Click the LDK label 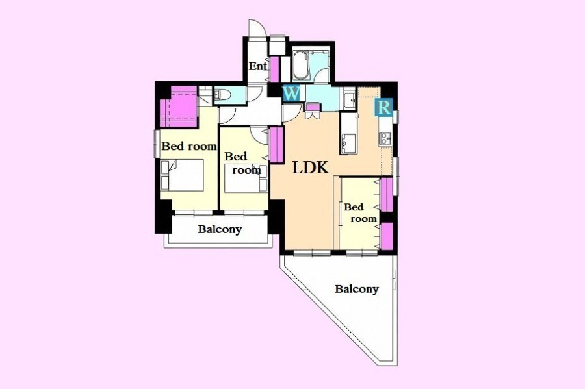point(310,168)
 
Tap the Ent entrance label point(258,66)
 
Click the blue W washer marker point(291,93)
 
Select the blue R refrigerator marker point(384,107)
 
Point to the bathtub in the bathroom point(300,66)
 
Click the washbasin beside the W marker point(349,99)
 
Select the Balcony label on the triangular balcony point(357,289)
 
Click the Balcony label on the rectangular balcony point(220,229)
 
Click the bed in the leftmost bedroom point(182,175)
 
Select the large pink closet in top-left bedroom point(179,107)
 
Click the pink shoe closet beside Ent point(274,70)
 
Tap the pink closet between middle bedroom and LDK point(276,145)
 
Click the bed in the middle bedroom point(246,178)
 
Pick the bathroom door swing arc point(322,75)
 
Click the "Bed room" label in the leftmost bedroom point(188,146)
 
